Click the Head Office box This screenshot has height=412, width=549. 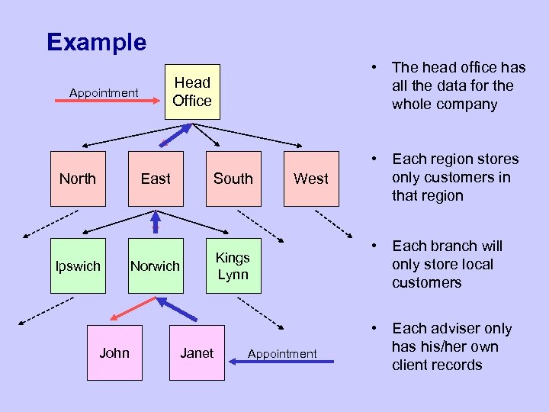tap(192, 92)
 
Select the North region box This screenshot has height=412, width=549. tap(78, 179)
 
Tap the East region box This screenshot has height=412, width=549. tap(156, 179)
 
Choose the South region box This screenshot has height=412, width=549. tap(233, 179)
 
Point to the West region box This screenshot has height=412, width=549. tap(311, 179)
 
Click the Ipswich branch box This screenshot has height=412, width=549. tap(78, 266)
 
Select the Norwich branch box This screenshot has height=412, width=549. tap(156, 266)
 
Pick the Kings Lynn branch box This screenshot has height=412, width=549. tap(233, 266)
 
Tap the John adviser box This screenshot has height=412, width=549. tap(114, 352)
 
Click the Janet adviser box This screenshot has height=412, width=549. tap(197, 352)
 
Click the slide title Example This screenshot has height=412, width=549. tap(96, 41)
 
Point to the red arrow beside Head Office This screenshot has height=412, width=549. tap(114, 109)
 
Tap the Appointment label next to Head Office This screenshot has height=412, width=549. tap(104, 93)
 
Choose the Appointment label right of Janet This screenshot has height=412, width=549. tap(282, 353)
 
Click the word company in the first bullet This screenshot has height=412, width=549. tap(467, 105)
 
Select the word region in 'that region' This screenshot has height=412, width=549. tap(441, 196)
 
